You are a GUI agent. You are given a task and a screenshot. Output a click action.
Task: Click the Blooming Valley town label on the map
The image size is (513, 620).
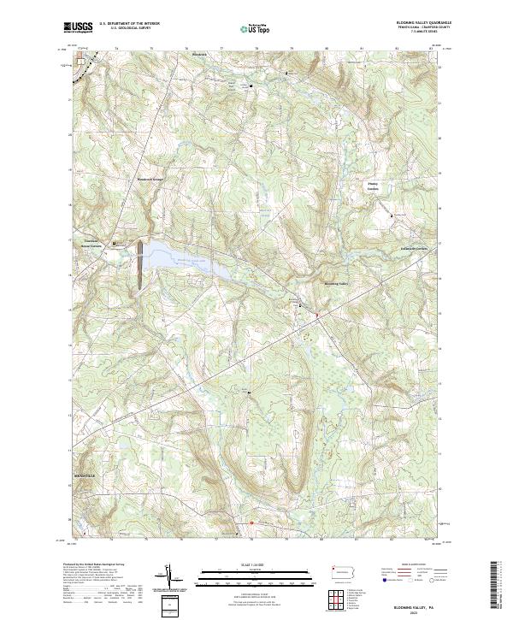[x=336, y=283]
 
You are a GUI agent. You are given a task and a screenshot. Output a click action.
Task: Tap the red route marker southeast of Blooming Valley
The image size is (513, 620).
[x=317, y=316]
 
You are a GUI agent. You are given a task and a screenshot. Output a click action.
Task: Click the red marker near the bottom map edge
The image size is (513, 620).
[x=251, y=523]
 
